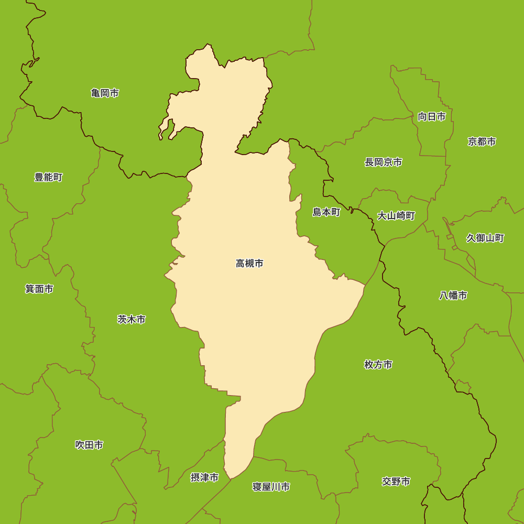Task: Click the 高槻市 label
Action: [249, 264]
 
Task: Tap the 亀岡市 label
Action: [105, 93]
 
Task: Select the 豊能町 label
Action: [48, 178]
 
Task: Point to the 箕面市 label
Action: [39, 289]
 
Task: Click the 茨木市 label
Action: [131, 319]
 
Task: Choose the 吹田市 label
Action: [89, 445]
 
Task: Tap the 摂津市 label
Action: [204, 477]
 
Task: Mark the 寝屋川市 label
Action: [271, 487]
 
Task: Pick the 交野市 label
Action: [396, 482]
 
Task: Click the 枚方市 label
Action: [378, 365]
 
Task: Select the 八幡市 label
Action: [453, 296]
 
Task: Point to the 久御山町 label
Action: [485, 238]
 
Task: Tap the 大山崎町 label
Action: [396, 216]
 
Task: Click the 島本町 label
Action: [326, 212]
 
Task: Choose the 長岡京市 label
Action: [384, 162]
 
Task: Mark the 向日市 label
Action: [432, 117]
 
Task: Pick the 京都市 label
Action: [482, 141]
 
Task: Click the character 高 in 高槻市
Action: [241, 264]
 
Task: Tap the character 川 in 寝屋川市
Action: [276, 487]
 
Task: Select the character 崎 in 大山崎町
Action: [401, 216]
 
